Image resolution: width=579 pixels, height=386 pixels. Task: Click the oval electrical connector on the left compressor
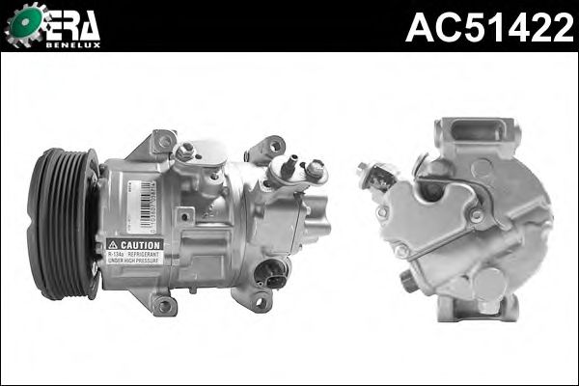coord(272,274)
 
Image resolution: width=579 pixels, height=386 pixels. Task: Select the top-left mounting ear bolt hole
coord(165,142)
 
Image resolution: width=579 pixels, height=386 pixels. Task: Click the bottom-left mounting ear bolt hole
coord(163,305)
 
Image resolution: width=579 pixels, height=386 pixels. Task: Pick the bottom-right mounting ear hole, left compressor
coord(259,301)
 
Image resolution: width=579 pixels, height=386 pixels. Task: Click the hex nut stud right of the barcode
coord(187,152)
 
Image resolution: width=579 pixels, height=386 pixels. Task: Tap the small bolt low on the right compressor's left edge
coord(406,280)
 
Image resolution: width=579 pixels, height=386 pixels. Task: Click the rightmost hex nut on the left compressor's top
coord(315,168)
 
